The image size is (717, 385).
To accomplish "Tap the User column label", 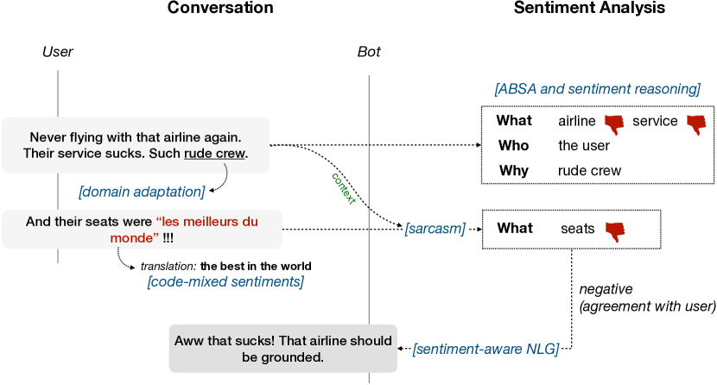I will [x=58, y=53].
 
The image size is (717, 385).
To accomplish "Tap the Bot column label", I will [x=369, y=53].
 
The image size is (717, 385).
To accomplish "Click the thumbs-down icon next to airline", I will [x=614, y=123].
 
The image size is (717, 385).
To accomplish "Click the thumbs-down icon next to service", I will [x=695, y=123].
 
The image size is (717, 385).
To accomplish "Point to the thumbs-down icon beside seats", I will [x=614, y=230].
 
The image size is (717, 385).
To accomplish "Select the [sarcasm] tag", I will [x=435, y=229].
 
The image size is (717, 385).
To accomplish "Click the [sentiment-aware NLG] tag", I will [x=486, y=349].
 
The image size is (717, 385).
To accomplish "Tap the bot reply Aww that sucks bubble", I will [x=282, y=348].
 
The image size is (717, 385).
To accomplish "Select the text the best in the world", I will [x=256, y=266].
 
